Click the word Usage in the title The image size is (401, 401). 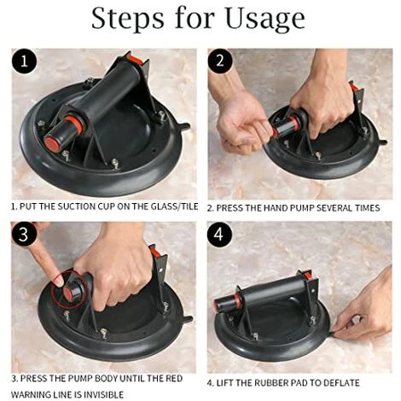click(265, 18)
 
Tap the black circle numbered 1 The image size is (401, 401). click(25, 61)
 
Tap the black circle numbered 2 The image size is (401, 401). click(220, 61)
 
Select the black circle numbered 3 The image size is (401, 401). click(24, 235)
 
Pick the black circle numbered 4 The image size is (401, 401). click(219, 235)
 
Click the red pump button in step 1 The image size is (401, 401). click(51, 142)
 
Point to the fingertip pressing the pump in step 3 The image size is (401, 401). click(59, 282)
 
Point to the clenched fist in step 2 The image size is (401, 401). click(241, 125)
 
